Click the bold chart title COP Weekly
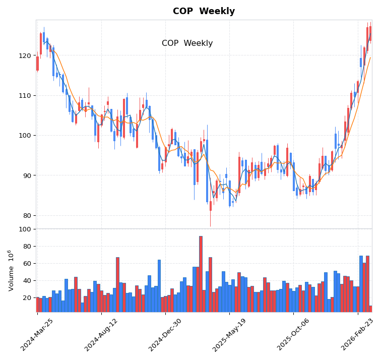(204, 12)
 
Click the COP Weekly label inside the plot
(187, 43)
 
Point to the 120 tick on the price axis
(25, 55)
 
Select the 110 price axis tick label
(25, 95)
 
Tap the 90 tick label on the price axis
(26, 175)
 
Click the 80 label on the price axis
(26, 215)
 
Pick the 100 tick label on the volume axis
(25, 229)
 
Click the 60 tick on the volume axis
(26, 263)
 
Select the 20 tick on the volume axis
(26, 297)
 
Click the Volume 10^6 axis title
(11, 270)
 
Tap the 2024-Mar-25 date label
(37, 335)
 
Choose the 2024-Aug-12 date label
(101, 335)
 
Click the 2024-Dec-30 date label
(165, 335)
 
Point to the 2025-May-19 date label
(229, 335)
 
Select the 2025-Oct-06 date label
(294, 335)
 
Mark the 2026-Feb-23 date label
(358, 335)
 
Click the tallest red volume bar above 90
(201, 274)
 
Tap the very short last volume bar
(370, 309)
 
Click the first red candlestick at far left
(37, 64)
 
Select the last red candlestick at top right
(370, 33)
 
